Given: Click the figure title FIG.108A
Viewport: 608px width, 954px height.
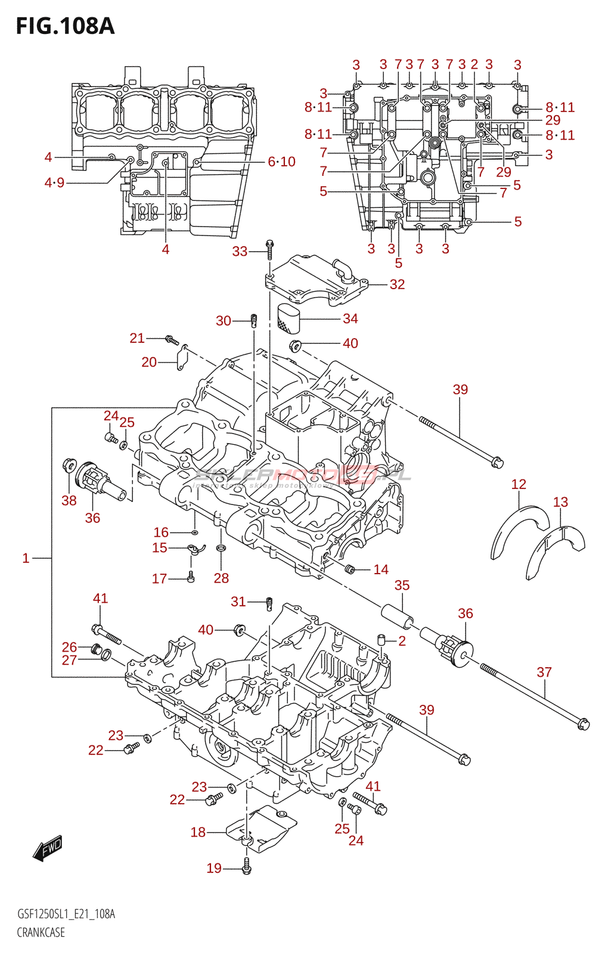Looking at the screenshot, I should tap(65, 26).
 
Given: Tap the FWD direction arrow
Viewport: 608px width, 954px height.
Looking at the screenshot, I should tap(48, 848).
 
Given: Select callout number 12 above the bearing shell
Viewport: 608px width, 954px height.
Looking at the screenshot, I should tap(519, 484).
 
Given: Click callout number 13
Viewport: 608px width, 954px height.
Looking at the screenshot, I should tap(560, 502).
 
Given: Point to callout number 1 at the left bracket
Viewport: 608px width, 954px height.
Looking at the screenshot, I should tap(26, 558).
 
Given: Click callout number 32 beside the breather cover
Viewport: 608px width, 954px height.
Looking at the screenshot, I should tap(397, 284).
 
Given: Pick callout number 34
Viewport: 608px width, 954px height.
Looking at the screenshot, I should tap(350, 319).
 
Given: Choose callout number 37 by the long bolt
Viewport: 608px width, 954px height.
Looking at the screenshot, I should tap(544, 673).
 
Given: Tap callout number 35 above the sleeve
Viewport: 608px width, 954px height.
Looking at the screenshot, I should tap(402, 586).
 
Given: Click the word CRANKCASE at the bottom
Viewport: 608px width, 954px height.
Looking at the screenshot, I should tap(41, 933).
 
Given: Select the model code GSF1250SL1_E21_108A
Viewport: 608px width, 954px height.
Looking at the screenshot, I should tap(66, 914).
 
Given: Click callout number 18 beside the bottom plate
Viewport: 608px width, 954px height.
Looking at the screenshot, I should tap(198, 832).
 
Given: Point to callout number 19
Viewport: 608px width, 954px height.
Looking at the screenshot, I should tap(214, 868).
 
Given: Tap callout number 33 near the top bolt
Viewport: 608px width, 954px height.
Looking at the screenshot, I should tap(240, 251).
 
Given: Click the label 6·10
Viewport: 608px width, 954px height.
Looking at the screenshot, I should tap(281, 162).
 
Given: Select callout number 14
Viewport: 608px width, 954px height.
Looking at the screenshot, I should tap(380, 569).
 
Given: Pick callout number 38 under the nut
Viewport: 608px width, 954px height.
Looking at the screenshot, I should tap(69, 500).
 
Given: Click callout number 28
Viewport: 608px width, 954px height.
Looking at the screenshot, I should tap(221, 578).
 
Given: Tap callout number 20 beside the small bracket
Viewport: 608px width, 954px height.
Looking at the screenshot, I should tap(149, 362).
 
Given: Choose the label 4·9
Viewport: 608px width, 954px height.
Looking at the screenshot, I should tap(54, 182).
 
